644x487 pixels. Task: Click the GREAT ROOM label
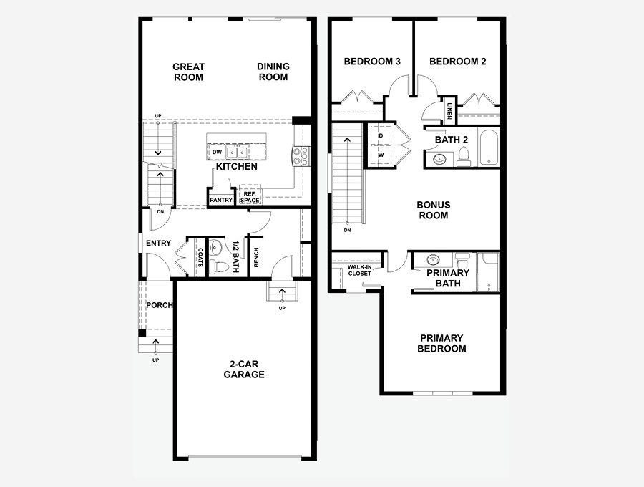[x=188, y=72]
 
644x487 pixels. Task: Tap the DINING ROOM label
[x=273, y=72]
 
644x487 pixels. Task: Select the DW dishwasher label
[x=217, y=152]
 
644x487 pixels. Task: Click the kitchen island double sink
[x=238, y=153]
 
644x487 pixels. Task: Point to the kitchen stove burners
[x=301, y=156]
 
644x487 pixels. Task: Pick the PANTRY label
[x=221, y=200]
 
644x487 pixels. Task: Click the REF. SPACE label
[x=250, y=197]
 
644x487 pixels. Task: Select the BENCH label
[x=256, y=257]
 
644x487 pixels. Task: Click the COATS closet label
[x=200, y=257]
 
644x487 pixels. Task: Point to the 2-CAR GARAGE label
[x=244, y=369]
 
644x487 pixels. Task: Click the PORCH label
[x=160, y=305]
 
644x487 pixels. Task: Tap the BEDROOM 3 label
[x=372, y=62]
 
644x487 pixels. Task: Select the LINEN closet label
[x=449, y=111]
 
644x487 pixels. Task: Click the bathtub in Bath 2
[x=488, y=147]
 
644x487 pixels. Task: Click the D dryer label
[x=381, y=135]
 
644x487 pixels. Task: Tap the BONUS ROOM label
[x=434, y=210]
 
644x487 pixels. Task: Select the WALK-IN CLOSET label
[x=359, y=270]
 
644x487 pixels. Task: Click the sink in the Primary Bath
[x=433, y=260]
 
